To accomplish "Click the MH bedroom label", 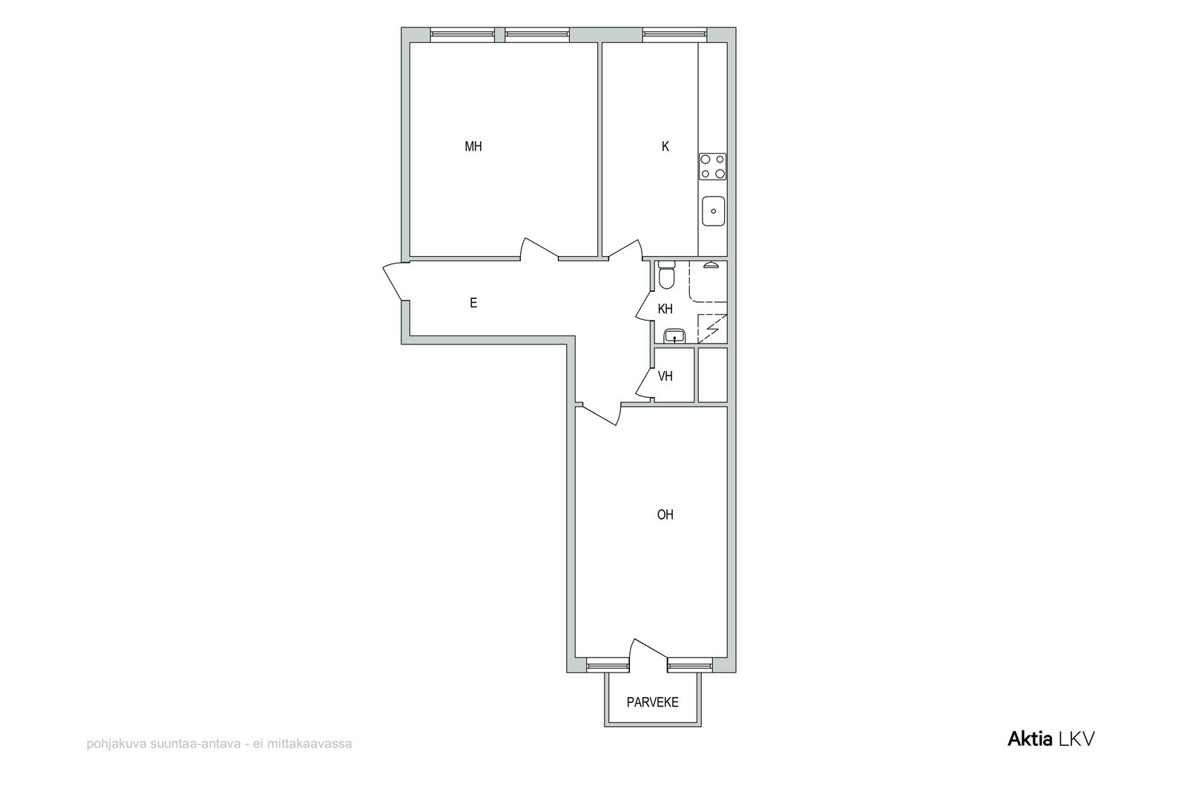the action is tap(473, 146).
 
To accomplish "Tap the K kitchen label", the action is tap(665, 146).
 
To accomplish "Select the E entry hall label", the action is tap(473, 303).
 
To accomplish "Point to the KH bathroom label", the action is tap(665, 309).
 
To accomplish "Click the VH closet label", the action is tap(665, 376).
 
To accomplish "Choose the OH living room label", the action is tap(665, 514).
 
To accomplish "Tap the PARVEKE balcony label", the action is tap(652, 702).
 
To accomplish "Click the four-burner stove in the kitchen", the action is tap(712, 166).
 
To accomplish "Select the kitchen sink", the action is tap(713, 211).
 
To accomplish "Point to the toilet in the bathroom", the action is tap(666, 275).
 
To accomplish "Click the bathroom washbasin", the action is tap(674, 336).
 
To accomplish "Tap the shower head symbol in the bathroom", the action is tap(711, 264).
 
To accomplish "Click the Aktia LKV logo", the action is tap(1050, 739).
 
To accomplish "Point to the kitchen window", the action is tap(674, 35).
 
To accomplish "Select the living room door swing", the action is tap(602, 414).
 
